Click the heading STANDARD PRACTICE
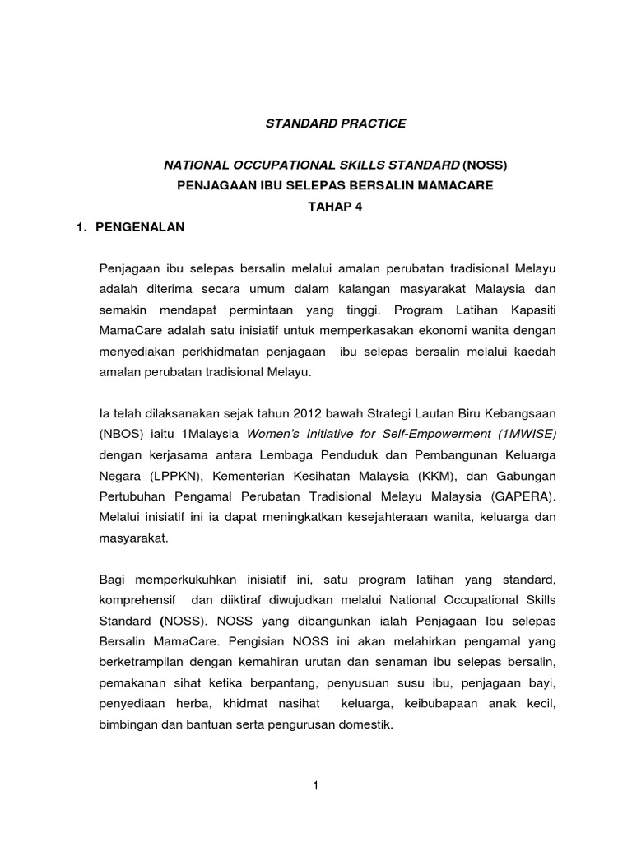(x=335, y=123)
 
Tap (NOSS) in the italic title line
(x=485, y=165)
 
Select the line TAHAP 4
(x=335, y=207)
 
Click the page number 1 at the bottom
(x=315, y=786)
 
